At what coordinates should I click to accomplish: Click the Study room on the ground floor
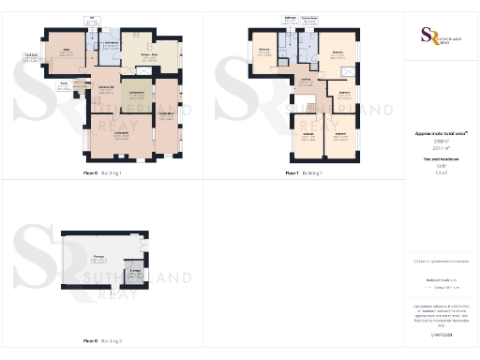click(68, 52)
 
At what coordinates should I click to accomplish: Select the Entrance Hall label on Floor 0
click(107, 89)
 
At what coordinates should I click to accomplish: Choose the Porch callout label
click(63, 83)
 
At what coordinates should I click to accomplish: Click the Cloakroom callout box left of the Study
click(30, 57)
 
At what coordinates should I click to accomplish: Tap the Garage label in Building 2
click(99, 258)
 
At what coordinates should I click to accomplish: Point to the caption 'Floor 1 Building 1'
click(306, 173)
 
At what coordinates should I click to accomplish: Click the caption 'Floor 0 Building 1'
click(103, 173)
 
